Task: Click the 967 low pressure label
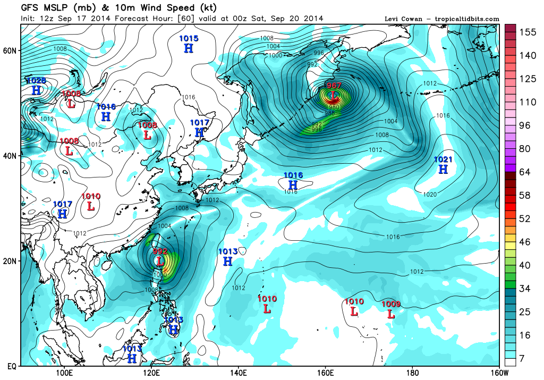(x=334, y=86)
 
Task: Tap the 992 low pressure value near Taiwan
(x=160, y=251)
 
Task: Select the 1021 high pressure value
(x=443, y=159)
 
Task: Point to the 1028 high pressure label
(x=36, y=81)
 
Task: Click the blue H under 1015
(x=189, y=48)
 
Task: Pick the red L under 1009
(x=391, y=314)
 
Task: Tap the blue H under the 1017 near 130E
(x=200, y=132)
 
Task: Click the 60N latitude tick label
(x=11, y=50)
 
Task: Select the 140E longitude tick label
(x=238, y=372)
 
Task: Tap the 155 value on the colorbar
(x=528, y=32)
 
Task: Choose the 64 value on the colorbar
(x=525, y=172)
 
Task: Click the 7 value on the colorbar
(x=523, y=360)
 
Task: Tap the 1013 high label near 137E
(x=227, y=251)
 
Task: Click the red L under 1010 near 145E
(x=267, y=308)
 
